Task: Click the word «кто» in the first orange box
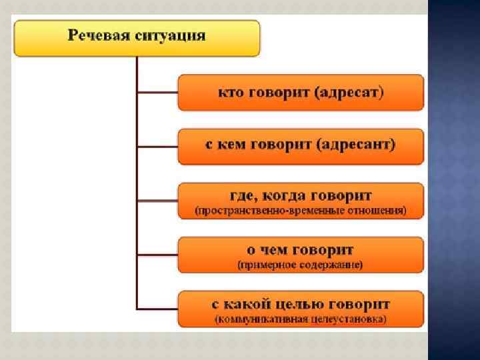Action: coord(231,93)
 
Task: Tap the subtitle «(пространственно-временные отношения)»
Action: coord(300,211)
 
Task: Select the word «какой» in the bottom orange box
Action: coord(251,304)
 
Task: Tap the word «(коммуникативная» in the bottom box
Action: coord(261,319)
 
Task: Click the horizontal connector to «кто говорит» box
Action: coord(157,93)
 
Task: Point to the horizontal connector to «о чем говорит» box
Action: coord(157,255)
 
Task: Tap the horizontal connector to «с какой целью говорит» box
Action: coord(157,308)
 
